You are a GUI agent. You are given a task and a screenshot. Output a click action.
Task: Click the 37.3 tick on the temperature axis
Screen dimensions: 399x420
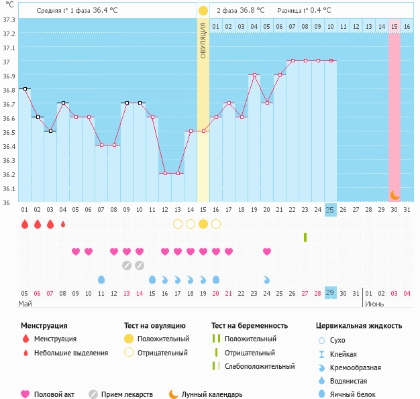(9, 19)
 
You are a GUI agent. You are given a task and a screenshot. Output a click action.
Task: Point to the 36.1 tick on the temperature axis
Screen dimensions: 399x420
(9, 188)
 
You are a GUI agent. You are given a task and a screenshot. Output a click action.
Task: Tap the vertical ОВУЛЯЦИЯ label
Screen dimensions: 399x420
(203, 40)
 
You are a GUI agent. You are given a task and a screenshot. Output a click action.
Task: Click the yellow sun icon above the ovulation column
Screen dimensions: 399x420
(203, 11)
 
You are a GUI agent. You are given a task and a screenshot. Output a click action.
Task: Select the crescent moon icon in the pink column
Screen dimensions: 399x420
(395, 194)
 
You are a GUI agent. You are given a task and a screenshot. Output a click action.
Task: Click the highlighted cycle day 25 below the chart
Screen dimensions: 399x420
(330, 209)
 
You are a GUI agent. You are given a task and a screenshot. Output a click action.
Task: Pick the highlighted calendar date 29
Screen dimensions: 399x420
(330, 293)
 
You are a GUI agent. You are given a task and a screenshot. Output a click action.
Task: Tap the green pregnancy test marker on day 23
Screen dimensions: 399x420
(305, 237)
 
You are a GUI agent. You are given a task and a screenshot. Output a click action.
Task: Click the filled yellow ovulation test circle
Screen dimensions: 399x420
(203, 224)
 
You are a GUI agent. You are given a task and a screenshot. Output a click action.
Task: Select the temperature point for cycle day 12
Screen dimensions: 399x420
(165, 173)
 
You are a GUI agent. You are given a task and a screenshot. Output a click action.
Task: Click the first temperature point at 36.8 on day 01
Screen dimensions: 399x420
(25, 89)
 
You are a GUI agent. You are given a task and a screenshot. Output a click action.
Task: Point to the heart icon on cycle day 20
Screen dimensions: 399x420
(267, 251)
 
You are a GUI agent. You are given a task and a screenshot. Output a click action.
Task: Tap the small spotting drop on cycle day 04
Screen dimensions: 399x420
(63, 224)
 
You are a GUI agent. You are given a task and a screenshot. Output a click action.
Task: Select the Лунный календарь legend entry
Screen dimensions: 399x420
(206, 394)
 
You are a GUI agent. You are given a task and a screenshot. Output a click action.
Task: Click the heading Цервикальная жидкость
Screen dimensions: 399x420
(359, 325)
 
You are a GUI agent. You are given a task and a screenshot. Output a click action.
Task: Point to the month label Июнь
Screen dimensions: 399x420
(374, 304)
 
